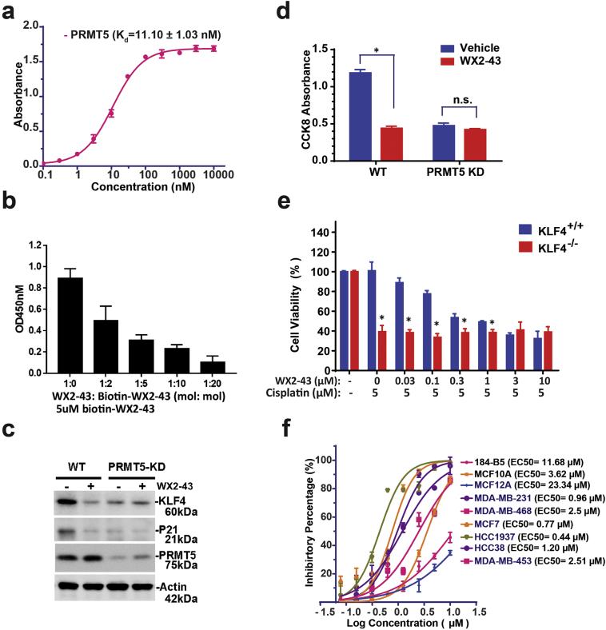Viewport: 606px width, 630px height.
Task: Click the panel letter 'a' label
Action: pos(10,10)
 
